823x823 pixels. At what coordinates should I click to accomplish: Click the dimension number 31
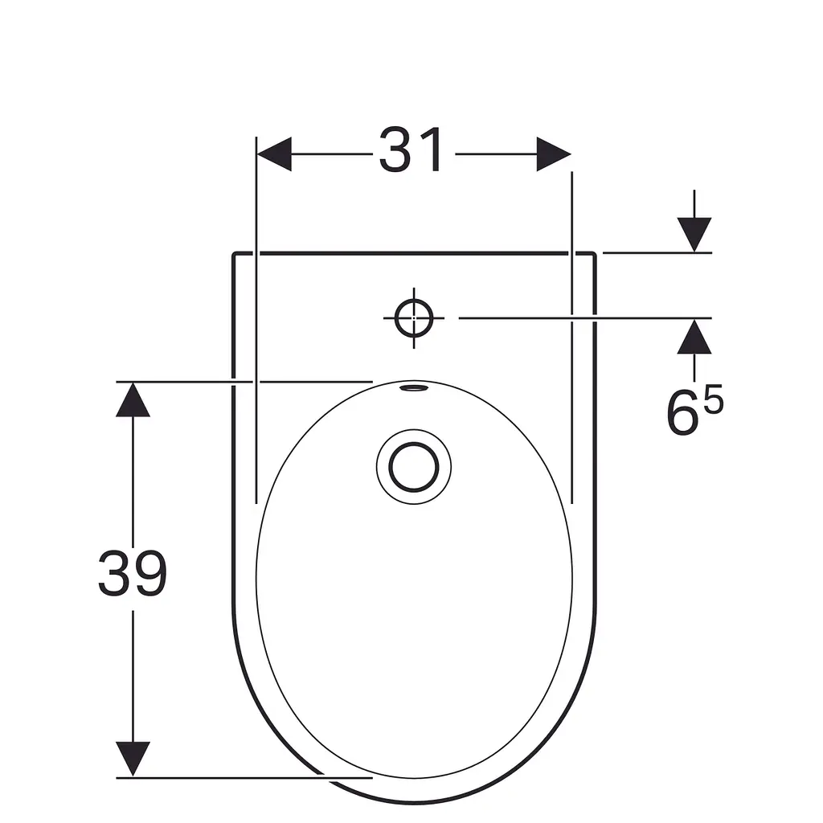(x=411, y=149)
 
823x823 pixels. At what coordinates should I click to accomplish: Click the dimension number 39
(x=133, y=573)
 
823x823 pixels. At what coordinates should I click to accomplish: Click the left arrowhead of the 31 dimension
(x=273, y=154)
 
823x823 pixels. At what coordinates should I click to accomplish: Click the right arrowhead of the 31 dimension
(x=554, y=154)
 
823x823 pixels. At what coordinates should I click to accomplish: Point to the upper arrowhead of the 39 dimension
(x=133, y=399)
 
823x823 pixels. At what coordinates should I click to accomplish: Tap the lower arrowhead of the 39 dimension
(x=133, y=759)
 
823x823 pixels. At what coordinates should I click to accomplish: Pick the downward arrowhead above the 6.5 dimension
(x=694, y=235)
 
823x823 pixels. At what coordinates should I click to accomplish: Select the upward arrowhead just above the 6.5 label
(x=694, y=337)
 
